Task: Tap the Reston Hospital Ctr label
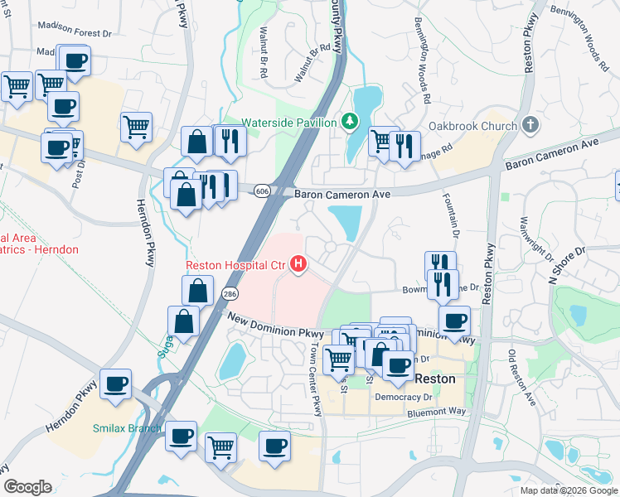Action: pos(235,265)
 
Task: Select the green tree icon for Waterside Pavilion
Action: pos(351,123)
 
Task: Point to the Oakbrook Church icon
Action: pos(531,126)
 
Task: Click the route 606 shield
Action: pos(263,191)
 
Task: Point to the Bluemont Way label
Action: pos(437,412)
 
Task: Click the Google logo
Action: pos(27,486)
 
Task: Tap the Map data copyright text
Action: pos(569,490)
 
